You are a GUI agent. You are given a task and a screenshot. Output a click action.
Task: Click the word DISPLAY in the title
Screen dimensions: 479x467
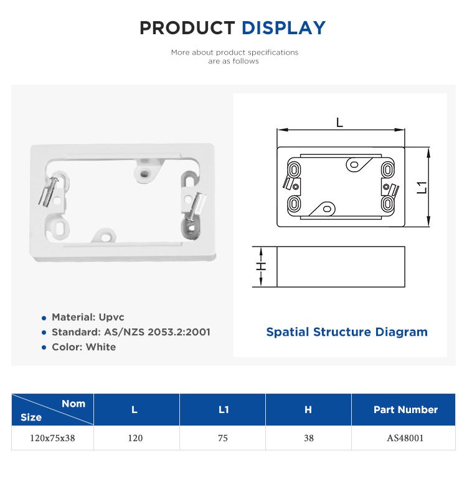pos(283,28)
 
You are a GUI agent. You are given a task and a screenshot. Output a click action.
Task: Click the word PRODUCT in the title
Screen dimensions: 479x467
pos(187,28)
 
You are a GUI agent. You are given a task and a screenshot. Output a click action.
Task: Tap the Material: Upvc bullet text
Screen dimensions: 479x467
pos(87,317)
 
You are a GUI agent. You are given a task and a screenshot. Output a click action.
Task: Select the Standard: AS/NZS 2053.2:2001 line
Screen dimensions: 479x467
pos(131,332)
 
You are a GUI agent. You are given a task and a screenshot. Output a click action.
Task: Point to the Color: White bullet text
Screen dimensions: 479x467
pos(83,347)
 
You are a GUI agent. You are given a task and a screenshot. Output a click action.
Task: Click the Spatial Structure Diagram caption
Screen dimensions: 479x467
pos(347,332)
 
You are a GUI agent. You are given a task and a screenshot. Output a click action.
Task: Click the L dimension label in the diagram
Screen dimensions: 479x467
pos(339,123)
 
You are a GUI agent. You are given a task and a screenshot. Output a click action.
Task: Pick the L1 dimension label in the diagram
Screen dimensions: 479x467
pos(422,187)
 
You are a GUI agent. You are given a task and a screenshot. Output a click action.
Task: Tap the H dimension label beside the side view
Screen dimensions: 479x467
pos(262,266)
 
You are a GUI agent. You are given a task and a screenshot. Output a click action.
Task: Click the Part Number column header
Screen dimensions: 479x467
pos(405,409)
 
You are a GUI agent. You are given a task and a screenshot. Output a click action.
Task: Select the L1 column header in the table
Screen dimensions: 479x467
pos(223,409)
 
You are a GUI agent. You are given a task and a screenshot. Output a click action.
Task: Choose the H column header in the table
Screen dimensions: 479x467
pos(308,409)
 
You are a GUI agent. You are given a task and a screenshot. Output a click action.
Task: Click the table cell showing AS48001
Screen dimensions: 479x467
pos(405,438)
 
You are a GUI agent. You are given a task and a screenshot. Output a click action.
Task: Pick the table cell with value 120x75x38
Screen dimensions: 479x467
pos(52,438)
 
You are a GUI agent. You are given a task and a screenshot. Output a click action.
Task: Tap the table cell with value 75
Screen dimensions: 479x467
pos(223,438)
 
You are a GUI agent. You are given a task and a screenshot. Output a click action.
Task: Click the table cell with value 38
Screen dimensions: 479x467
pos(308,438)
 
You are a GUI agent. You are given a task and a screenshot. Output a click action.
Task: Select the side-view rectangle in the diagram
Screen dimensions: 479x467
pos(341,267)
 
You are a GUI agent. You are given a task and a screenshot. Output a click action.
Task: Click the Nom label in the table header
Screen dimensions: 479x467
pos(73,404)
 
